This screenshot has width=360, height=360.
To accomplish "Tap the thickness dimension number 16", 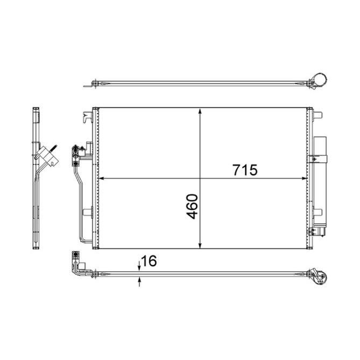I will coord(150,262).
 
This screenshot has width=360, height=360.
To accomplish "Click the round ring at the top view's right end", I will coord(321,79).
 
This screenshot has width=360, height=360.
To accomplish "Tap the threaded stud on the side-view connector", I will coord(54,146).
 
